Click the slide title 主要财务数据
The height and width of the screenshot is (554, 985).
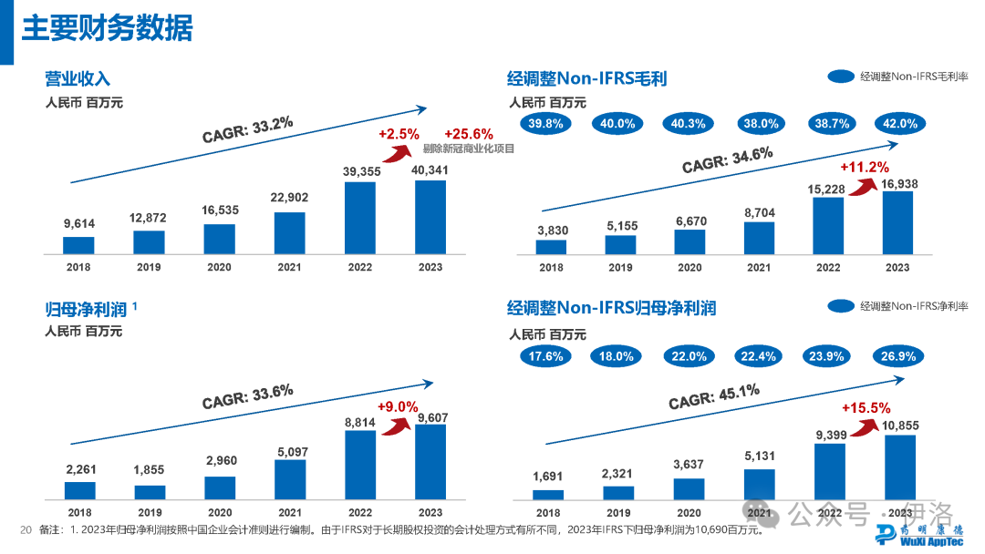tap(107, 29)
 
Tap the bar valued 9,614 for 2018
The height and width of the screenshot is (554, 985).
tap(78, 244)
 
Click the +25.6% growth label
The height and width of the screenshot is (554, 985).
tap(469, 133)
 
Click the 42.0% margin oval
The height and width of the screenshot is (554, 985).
tap(897, 124)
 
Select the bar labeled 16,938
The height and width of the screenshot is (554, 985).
tap(897, 221)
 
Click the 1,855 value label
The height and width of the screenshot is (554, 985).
tap(149, 469)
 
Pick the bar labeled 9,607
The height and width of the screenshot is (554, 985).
tap(430, 462)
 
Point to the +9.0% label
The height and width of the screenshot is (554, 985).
tap(398, 406)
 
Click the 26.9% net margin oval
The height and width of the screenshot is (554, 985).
tap(897, 356)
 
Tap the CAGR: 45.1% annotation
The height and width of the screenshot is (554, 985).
tap(714, 396)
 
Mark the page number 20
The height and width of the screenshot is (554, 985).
tap(26, 529)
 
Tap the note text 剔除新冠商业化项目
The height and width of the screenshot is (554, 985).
tap(469, 149)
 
